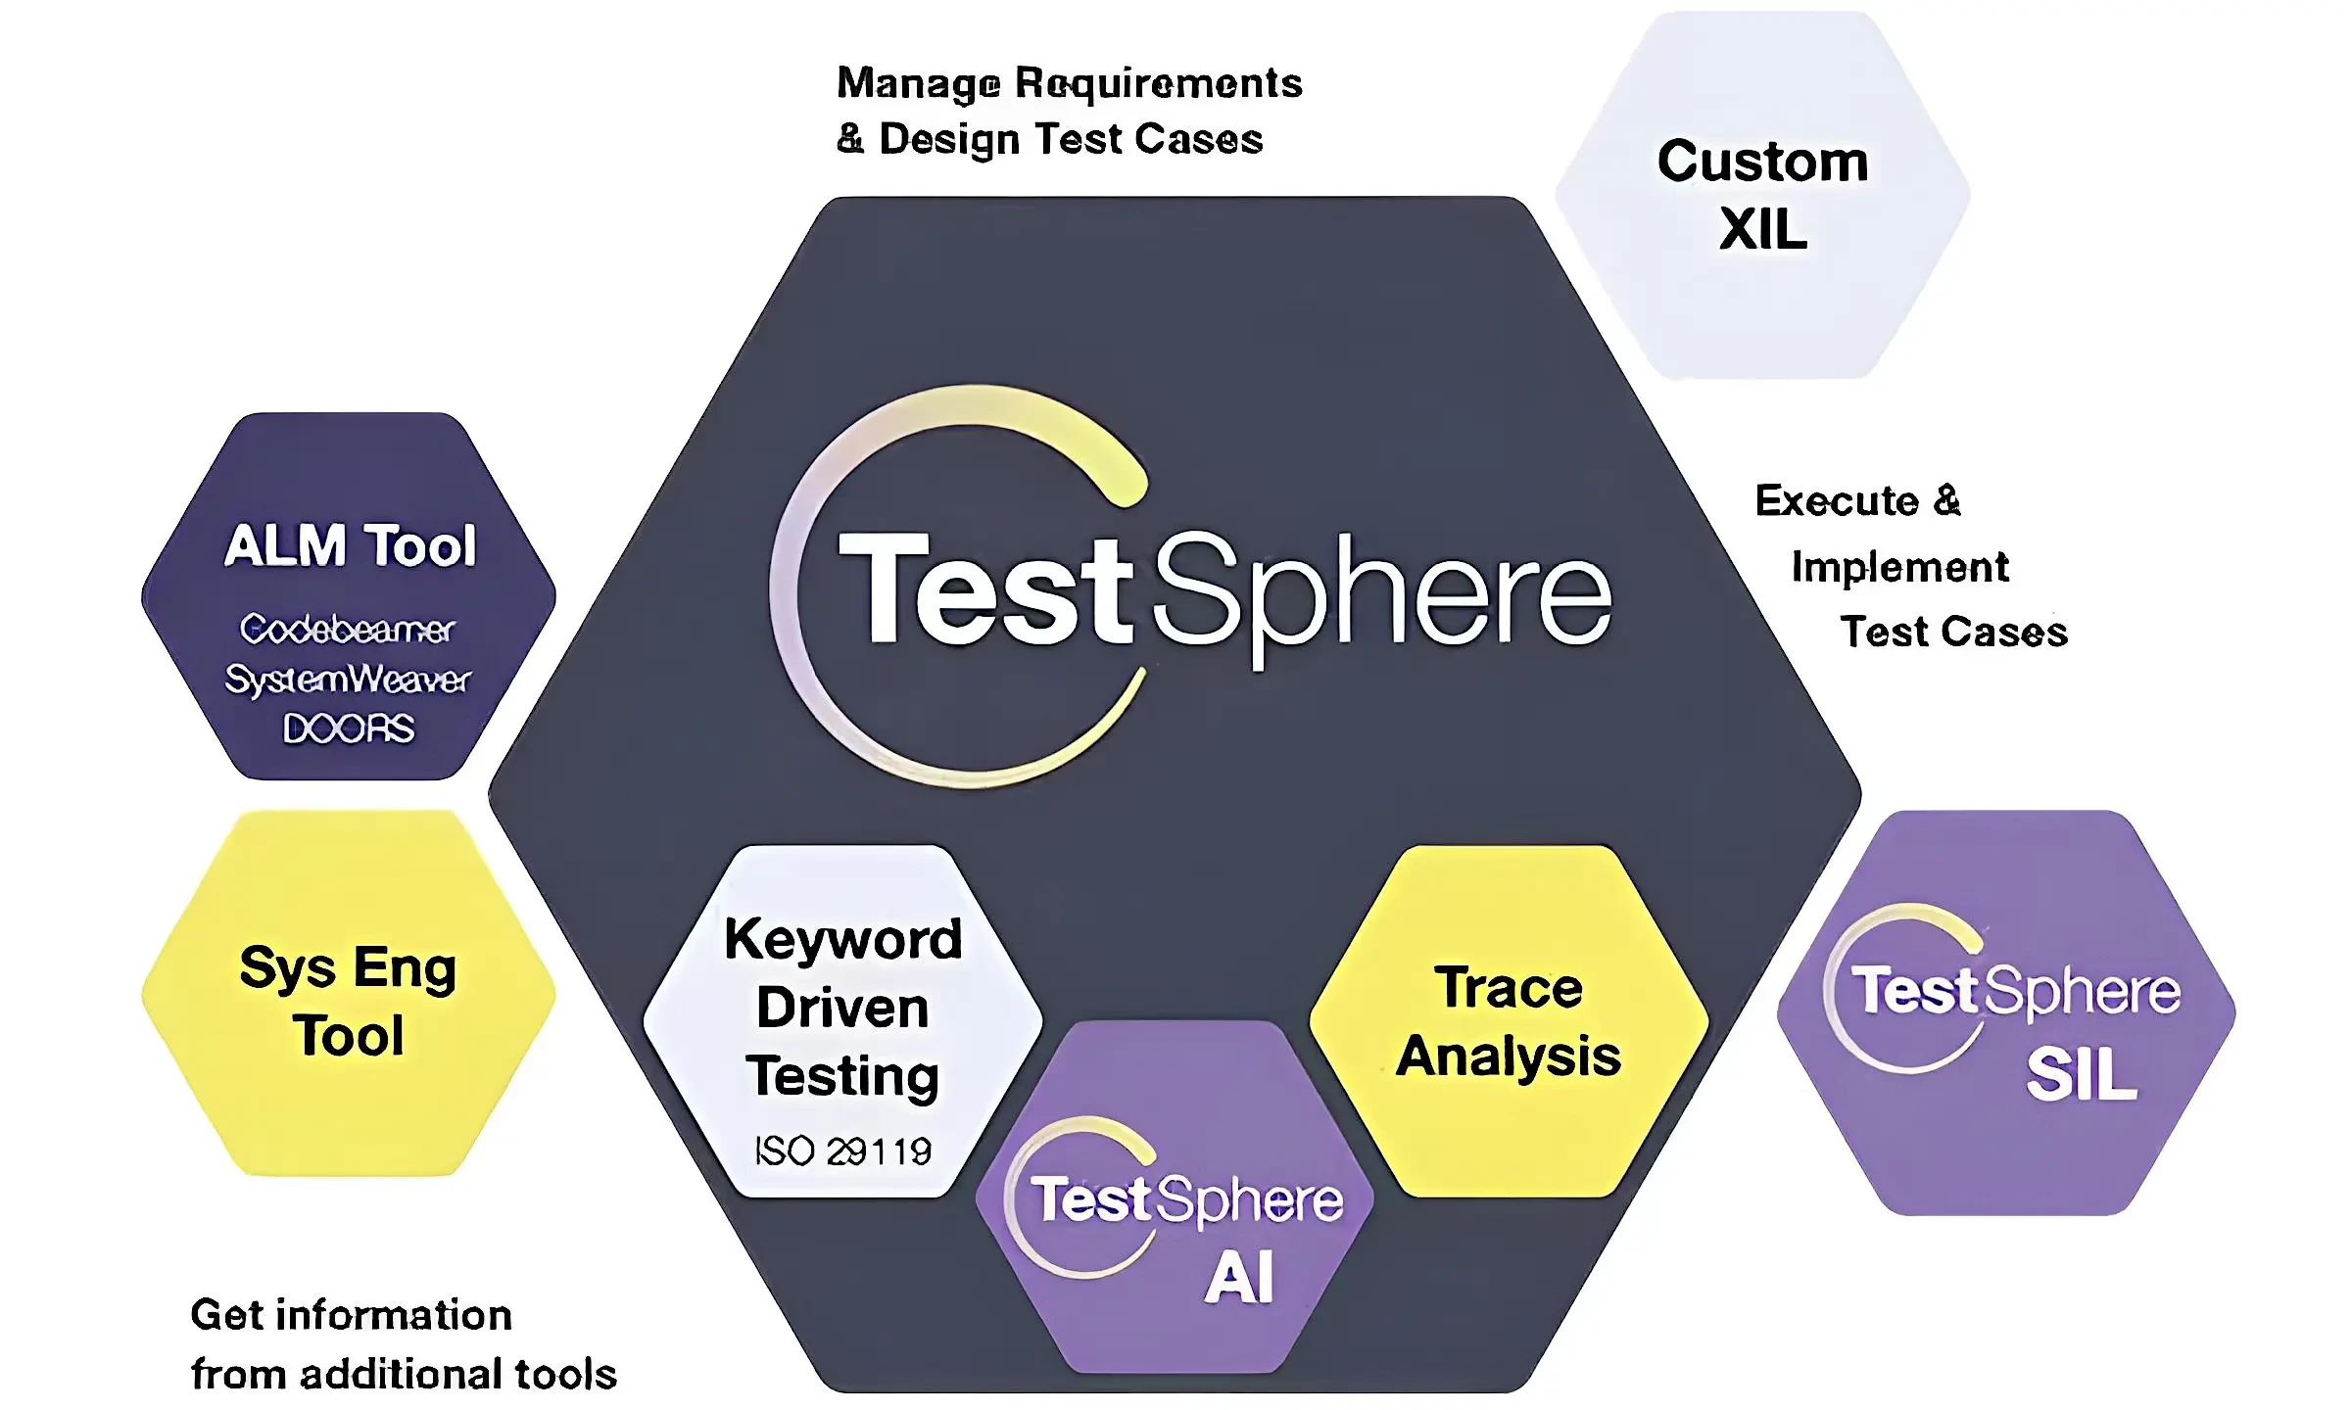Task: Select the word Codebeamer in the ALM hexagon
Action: coord(348,629)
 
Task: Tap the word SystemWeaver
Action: coord(348,679)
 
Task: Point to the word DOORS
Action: coord(349,728)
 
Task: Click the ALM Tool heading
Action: coord(350,544)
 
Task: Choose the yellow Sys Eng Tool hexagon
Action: coord(349,993)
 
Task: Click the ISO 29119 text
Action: coord(842,1151)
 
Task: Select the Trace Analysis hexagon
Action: coord(1510,1021)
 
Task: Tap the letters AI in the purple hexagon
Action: coord(1239,1278)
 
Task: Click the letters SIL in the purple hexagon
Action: coord(2082,1074)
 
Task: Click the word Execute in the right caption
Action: coord(1837,500)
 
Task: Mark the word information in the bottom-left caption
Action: coord(394,1315)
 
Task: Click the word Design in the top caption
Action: coord(950,140)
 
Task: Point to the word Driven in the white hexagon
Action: coord(842,1008)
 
